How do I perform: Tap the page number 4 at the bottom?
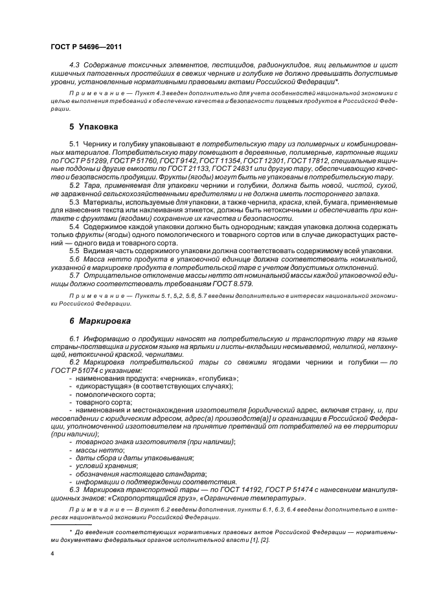52,554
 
